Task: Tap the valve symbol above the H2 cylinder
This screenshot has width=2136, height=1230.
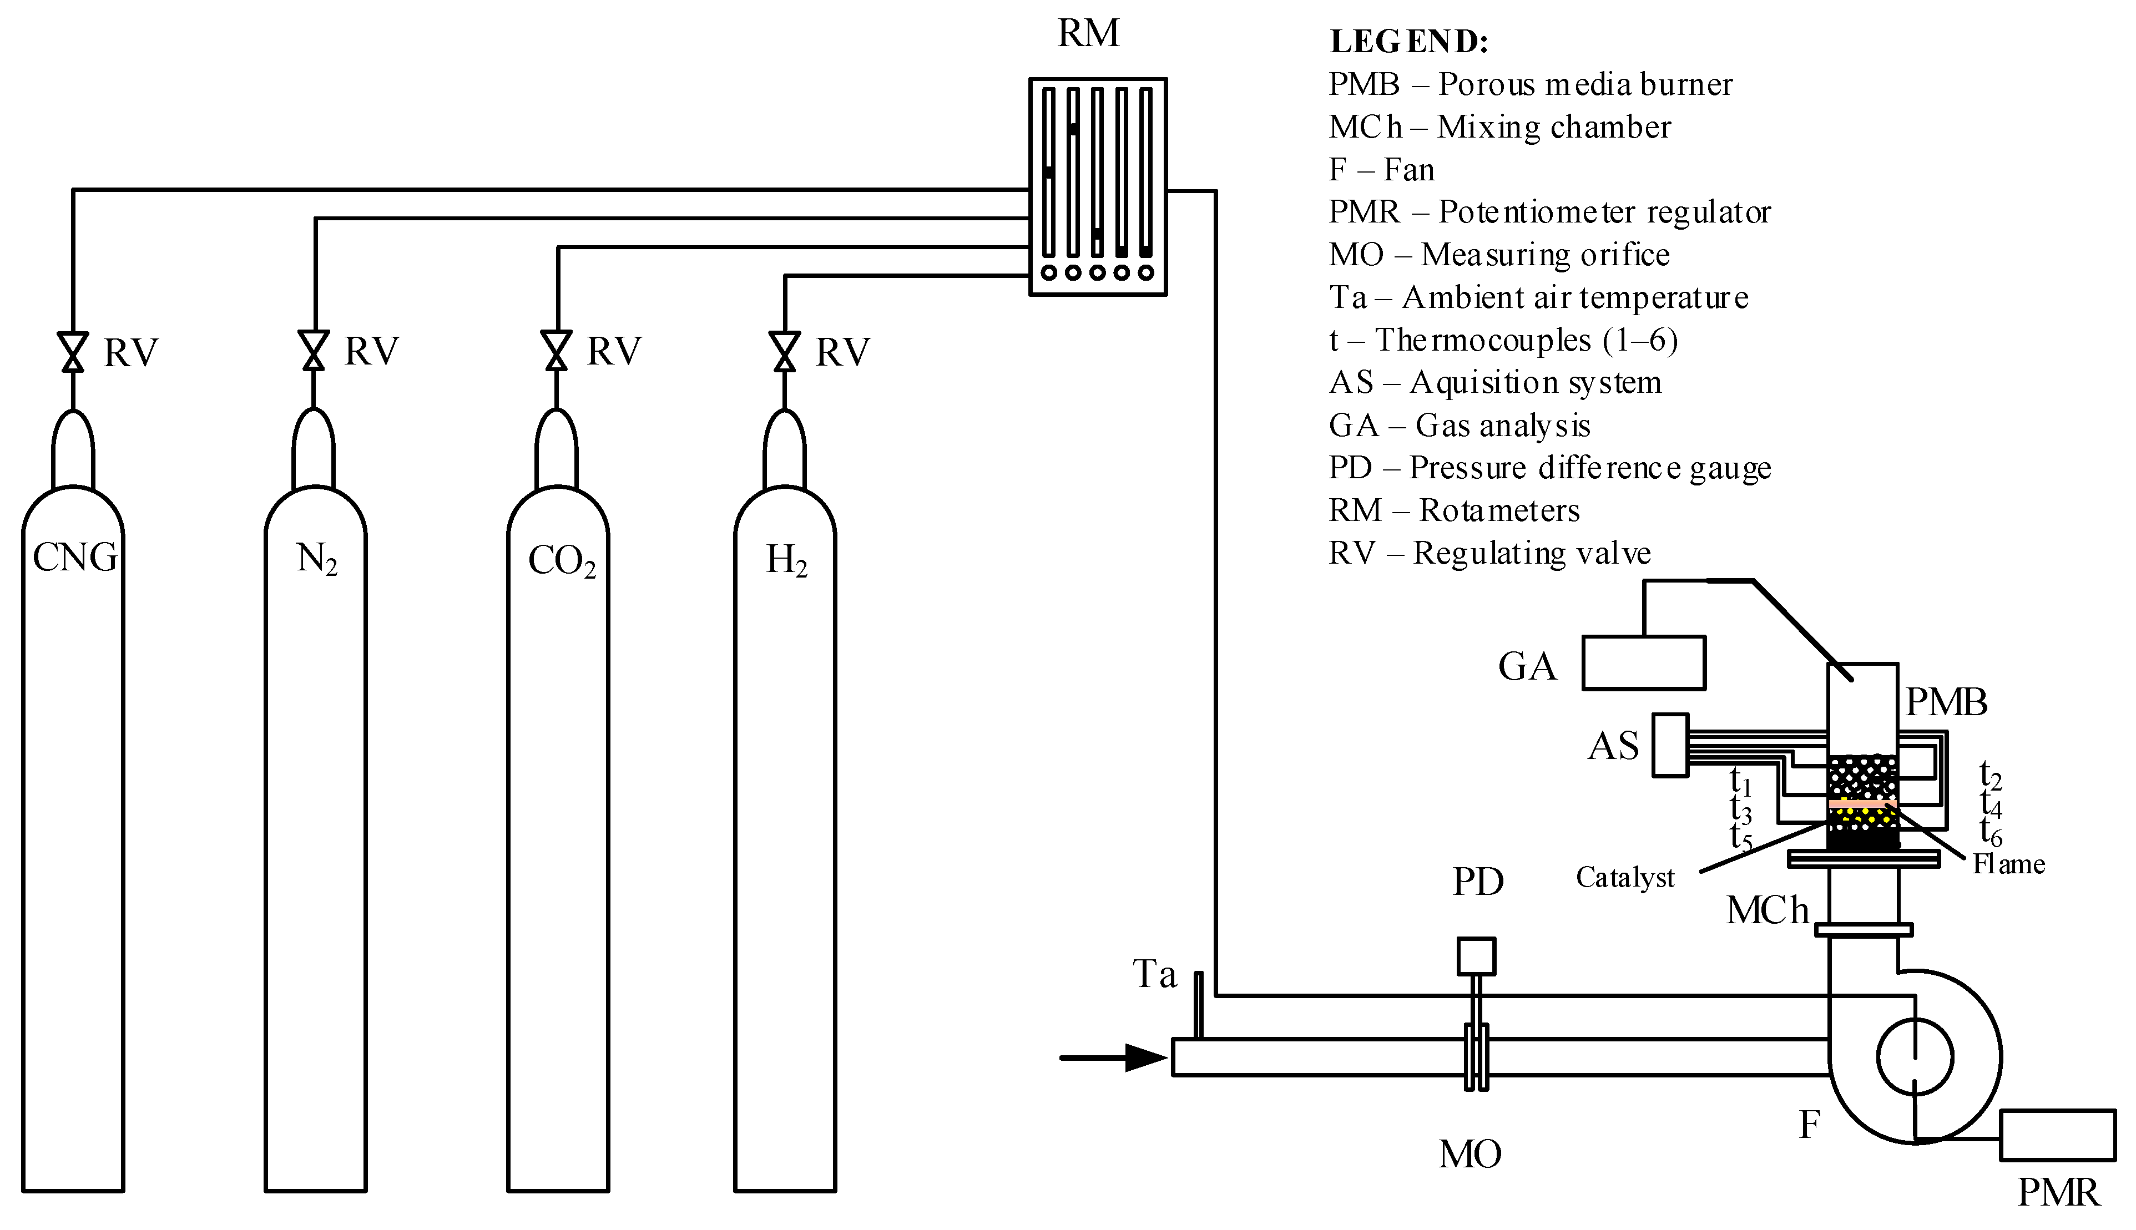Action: point(784,351)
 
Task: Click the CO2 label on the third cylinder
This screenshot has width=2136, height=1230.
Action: point(562,561)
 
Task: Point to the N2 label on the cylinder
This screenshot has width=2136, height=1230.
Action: point(317,559)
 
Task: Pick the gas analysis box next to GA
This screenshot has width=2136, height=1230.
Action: point(1643,663)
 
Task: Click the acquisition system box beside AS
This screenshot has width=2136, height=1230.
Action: point(1670,745)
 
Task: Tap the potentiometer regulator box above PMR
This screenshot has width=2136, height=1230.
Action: point(2057,1135)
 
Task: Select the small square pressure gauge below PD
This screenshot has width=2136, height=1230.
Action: point(1476,956)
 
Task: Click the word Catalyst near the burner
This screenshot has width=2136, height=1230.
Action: point(1624,878)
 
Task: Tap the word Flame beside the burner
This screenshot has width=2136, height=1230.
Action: point(2008,864)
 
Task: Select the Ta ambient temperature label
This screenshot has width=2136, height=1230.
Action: point(1154,974)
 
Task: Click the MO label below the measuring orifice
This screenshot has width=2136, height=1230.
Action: point(1470,1154)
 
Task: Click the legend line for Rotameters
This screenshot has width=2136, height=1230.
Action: point(1454,510)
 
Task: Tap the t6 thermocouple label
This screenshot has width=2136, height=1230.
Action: point(1991,832)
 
